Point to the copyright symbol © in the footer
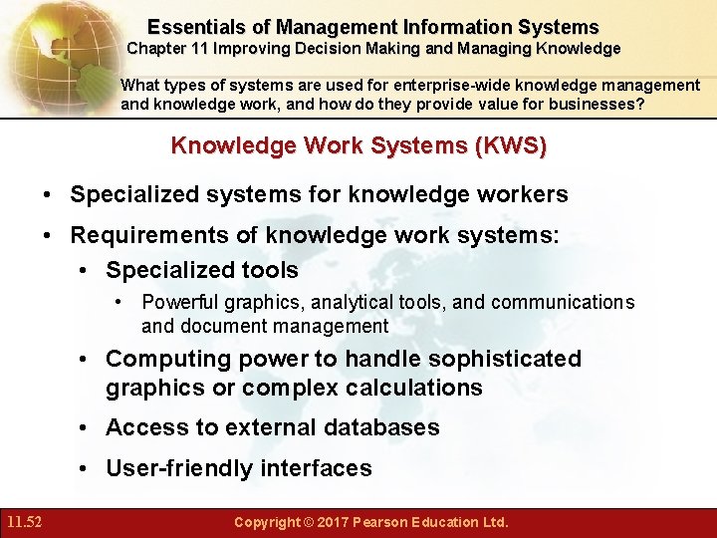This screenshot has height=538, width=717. pyautogui.click(x=309, y=522)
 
